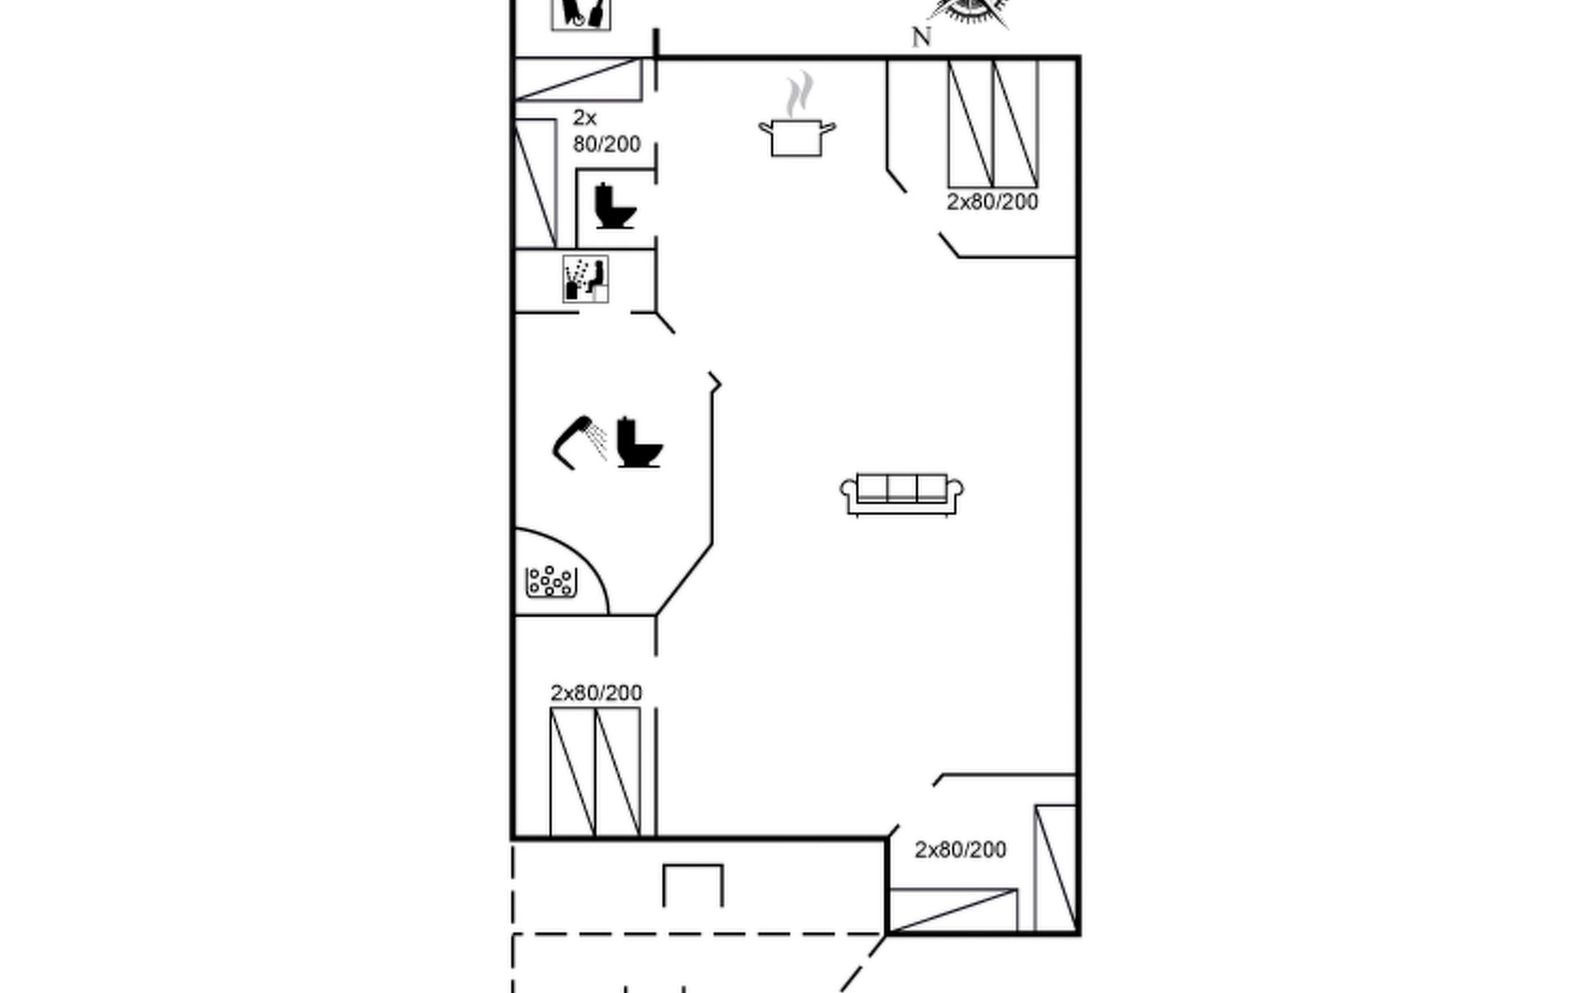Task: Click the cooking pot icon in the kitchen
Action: click(796, 137)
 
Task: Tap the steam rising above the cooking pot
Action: click(799, 94)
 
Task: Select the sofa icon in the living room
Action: click(901, 494)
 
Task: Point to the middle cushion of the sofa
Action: click(901, 488)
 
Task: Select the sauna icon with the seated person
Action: click(586, 279)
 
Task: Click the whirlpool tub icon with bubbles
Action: click(551, 581)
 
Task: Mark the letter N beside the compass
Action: click(921, 37)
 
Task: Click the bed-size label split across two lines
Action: click(606, 131)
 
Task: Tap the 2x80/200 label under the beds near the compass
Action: click(992, 202)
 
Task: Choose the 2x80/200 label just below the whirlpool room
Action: click(596, 693)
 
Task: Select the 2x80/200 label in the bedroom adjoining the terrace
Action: click(960, 850)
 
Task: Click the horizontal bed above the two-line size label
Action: click(578, 79)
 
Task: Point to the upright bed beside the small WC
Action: click(535, 183)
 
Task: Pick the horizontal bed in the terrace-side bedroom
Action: click(953, 910)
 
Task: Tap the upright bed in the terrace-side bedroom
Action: click(1055, 867)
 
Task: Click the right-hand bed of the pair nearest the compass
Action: click(1015, 123)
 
